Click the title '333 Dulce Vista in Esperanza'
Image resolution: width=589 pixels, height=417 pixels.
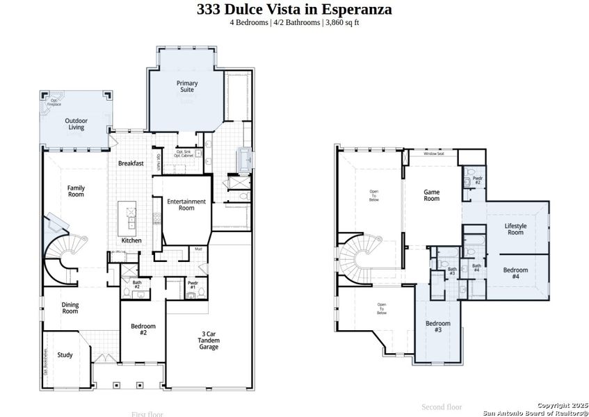click(294, 9)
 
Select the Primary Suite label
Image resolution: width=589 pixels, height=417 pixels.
click(187, 86)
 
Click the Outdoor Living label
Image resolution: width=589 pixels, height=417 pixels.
click(75, 124)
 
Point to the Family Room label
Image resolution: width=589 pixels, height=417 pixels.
click(76, 190)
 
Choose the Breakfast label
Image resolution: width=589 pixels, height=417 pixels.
click(131, 163)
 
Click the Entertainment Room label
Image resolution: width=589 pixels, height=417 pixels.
click(186, 204)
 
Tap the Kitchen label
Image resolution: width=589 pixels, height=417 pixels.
click(131, 240)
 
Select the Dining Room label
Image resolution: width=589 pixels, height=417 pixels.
click(70, 307)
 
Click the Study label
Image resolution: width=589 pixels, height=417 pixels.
click(65, 355)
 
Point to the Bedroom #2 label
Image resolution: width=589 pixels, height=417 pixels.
click(143, 329)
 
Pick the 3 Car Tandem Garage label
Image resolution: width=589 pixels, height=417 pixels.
click(209, 341)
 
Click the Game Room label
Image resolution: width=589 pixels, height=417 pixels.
click(432, 195)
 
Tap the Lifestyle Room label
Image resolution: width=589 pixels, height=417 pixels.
click(515, 229)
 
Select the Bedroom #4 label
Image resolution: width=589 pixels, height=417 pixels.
click(515, 272)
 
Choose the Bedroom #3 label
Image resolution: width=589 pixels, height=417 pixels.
click(438, 326)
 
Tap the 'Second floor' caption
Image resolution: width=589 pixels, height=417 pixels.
click(442, 407)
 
